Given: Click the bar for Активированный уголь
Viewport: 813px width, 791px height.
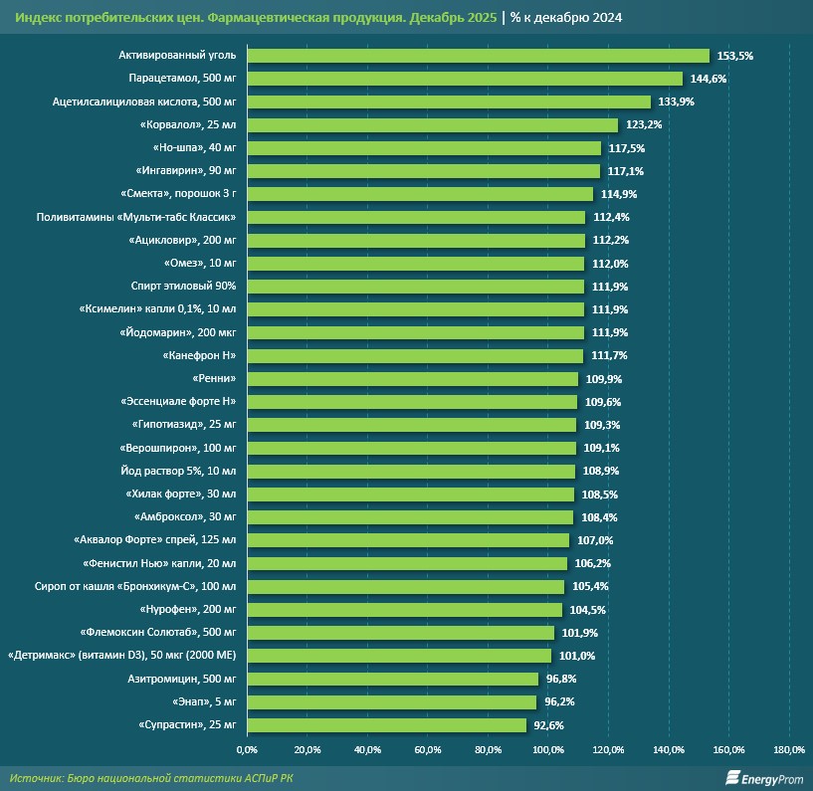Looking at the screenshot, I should click(x=478, y=56).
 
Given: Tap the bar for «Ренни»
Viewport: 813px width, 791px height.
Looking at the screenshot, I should click(x=412, y=379).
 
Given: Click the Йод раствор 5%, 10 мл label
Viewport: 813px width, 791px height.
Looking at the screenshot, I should click(x=177, y=471).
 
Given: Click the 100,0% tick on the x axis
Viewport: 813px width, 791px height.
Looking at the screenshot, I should click(x=548, y=749).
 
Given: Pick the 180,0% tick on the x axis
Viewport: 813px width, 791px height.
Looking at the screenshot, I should click(x=789, y=749).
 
